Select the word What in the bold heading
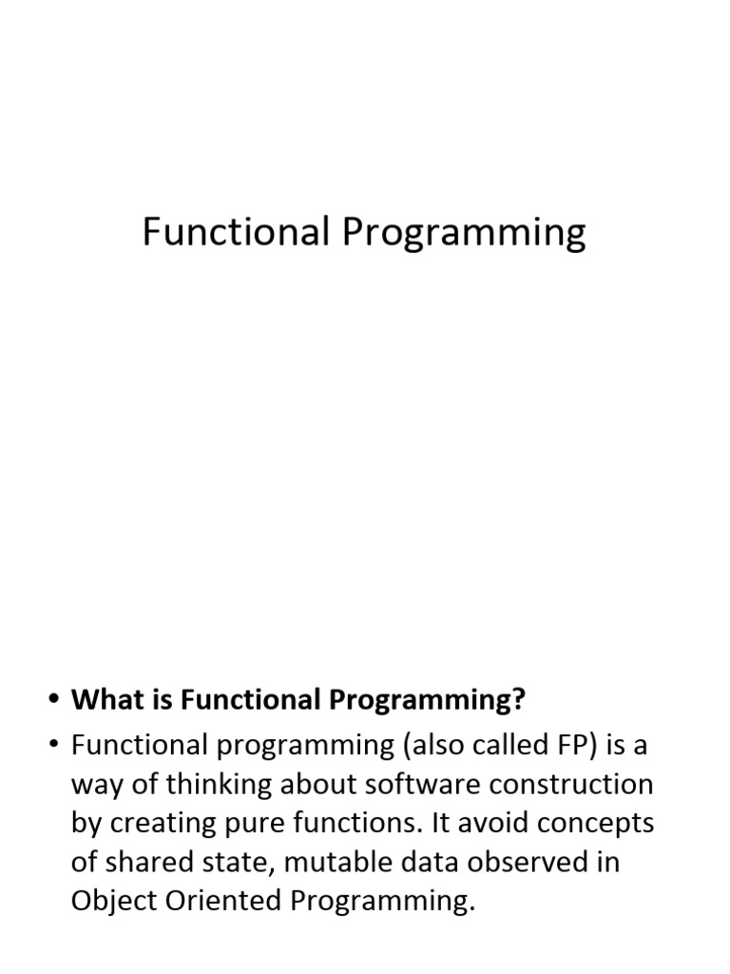[104, 701]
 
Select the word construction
[574, 785]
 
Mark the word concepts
[600, 824]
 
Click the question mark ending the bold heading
[519, 701]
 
